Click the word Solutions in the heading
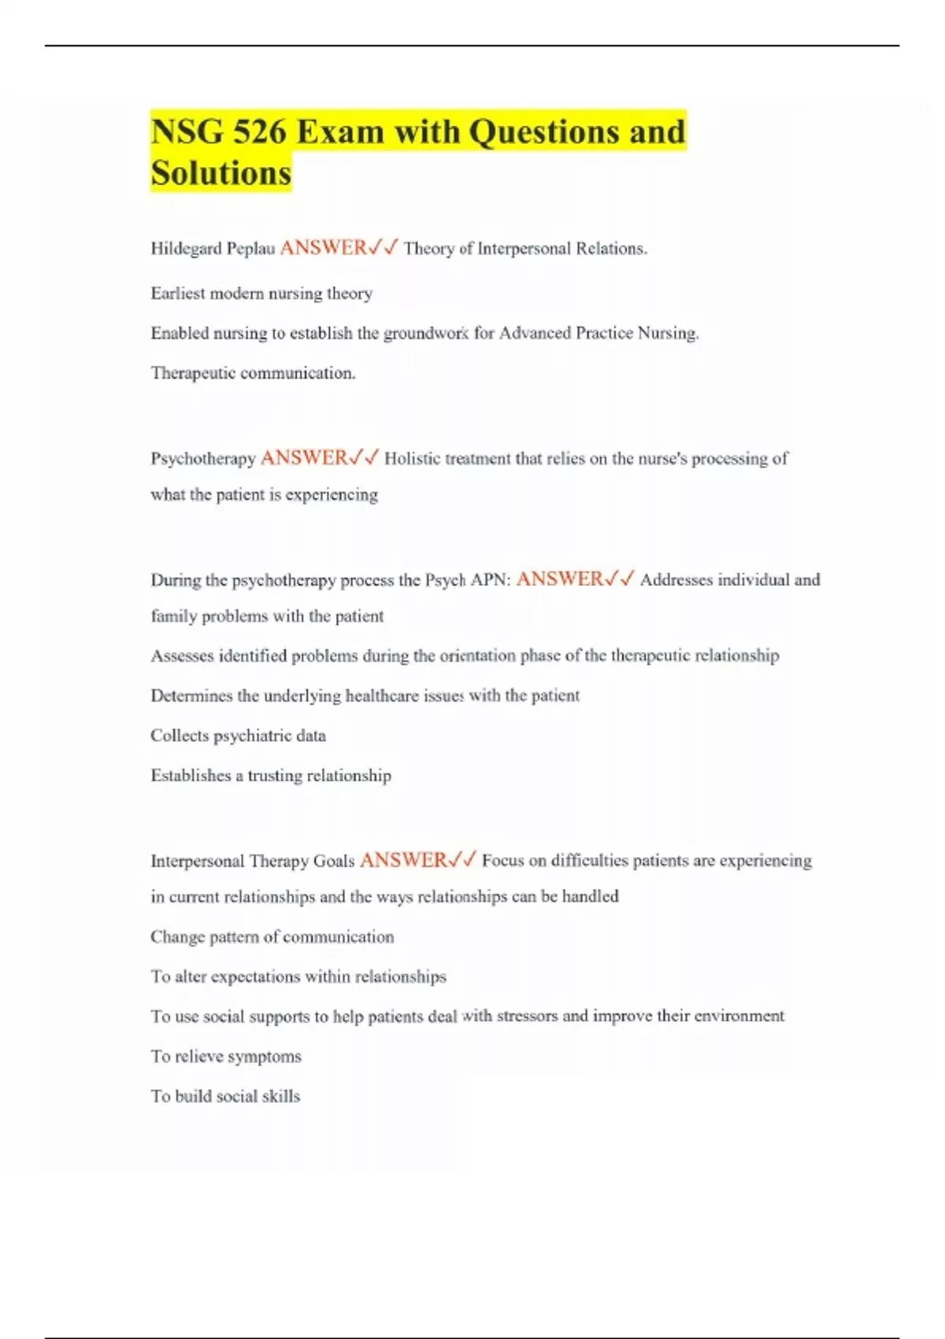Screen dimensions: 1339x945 pyautogui.click(x=221, y=173)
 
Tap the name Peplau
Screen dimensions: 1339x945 pyautogui.click(x=251, y=249)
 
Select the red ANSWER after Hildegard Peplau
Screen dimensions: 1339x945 pyautogui.click(x=323, y=248)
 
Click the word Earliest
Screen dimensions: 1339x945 pyautogui.click(x=178, y=294)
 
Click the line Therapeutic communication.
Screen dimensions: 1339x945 pyautogui.click(x=253, y=373)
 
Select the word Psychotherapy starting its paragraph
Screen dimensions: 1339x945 pyautogui.click(x=203, y=458)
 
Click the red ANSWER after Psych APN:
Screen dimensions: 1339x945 pyautogui.click(x=559, y=579)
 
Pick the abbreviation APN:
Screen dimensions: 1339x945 pyautogui.click(x=490, y=580)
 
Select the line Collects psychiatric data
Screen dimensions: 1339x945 pyautogui.click(x=238, y=736)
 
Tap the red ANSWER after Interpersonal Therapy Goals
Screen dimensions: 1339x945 pyautogui.click(x=403, y=860)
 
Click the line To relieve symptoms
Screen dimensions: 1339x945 pyautogui.click(x=226, y=1056)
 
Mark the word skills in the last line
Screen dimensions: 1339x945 pyautogui.click(x=280, y=1096)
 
